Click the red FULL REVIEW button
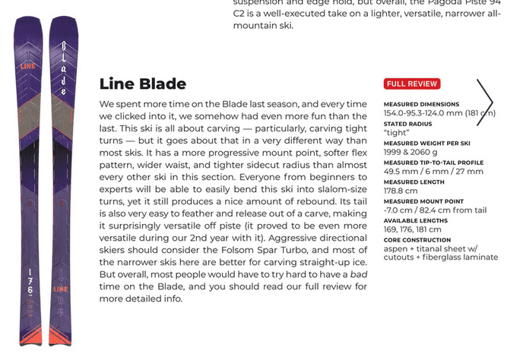(411, 84)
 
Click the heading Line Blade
(143, 84)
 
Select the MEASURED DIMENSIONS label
(421, 104)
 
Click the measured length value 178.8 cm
(401, 191)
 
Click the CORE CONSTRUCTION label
(417, 241)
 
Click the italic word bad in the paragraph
(358, 273)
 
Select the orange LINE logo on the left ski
(30, 67)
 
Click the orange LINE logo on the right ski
(62, 289)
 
